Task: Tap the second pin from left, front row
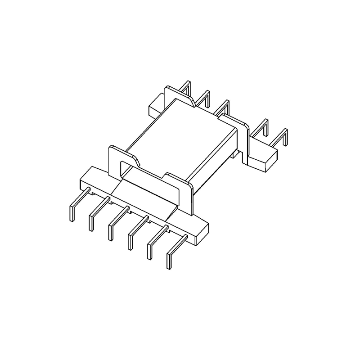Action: tap(92, 220)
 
